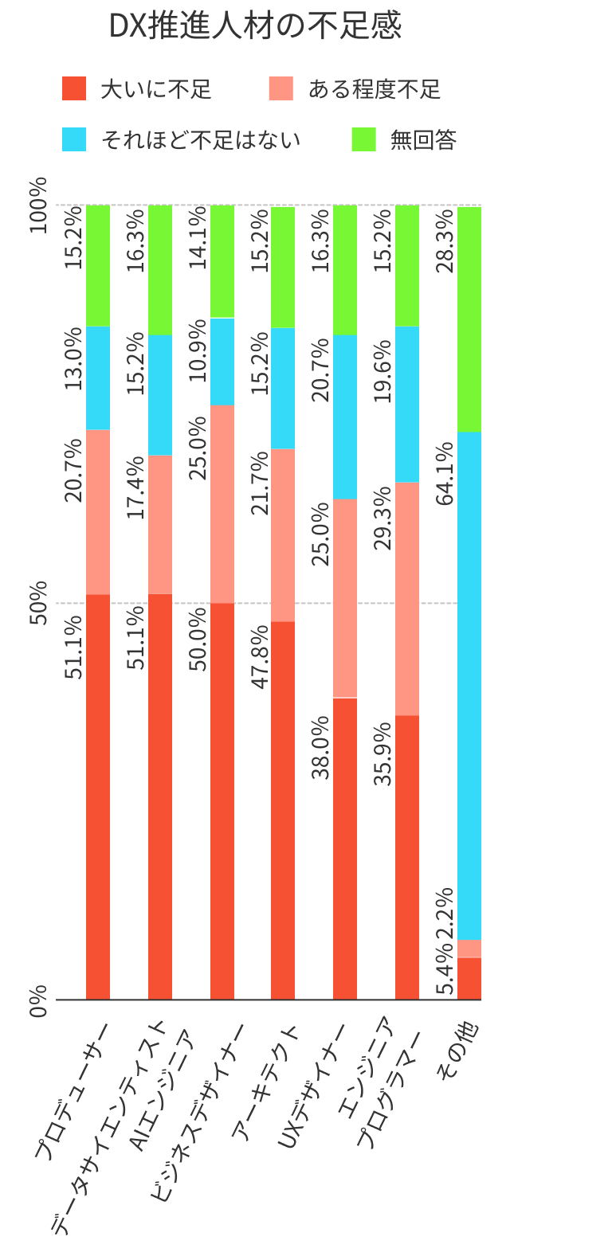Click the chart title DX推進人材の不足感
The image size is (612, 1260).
click(255, 27)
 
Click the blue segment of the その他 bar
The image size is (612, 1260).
click(469, 685)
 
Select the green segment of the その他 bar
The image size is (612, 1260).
click(469, 319)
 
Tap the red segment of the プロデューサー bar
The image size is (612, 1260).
click(98, 796)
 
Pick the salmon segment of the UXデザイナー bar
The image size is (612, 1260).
click(345, 598)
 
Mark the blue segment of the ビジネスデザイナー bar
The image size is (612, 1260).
click(222, 362)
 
